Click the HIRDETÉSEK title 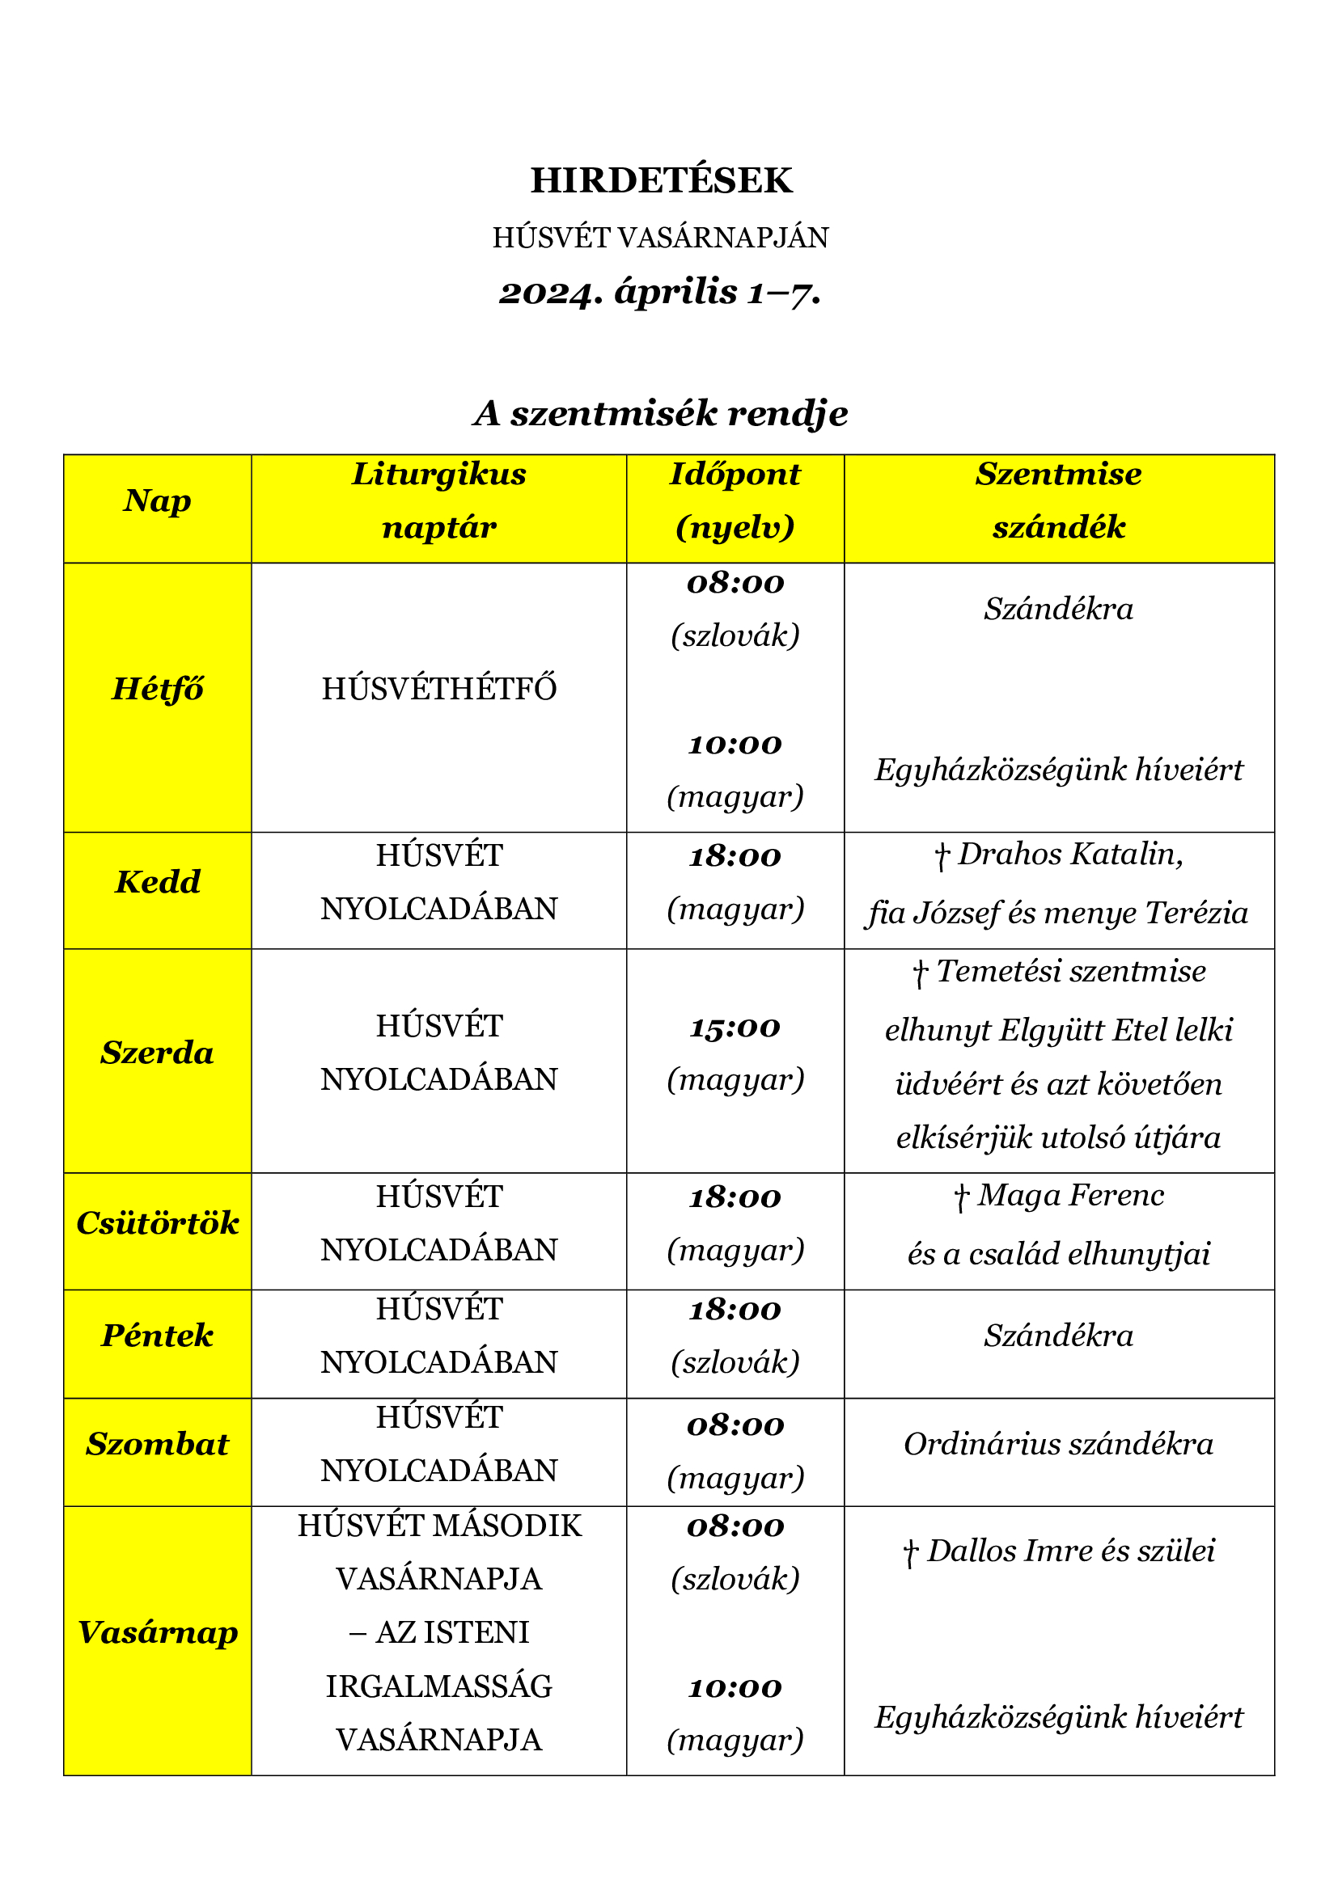point(661,180)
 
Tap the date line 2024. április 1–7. point(661,293)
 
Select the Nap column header point(158,500)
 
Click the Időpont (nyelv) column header point(735,500)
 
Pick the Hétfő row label point(158,689)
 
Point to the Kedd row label point(158,882)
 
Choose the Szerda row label point(158,1053)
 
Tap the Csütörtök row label point(158,1223)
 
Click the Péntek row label point(158,1335)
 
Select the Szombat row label point(158,1444)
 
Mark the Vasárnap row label point(158,1632)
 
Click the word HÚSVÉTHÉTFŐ point(439,689)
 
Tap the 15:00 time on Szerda point(735,1027)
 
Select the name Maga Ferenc point(1070,1195)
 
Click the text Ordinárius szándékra point(1059,1444)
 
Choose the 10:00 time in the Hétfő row point(735,745)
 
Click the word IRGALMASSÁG point(439,1686)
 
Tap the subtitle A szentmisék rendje point(661,413)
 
